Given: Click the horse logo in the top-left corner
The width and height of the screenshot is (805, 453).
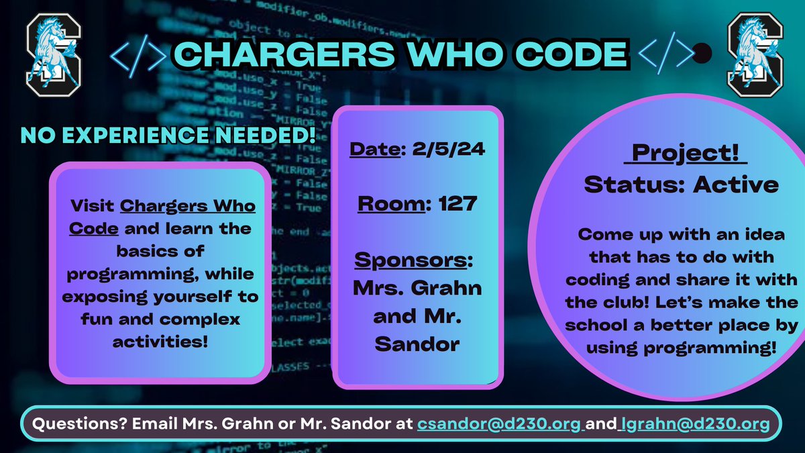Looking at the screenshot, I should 53,55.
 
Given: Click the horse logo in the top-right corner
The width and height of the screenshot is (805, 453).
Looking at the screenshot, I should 753,55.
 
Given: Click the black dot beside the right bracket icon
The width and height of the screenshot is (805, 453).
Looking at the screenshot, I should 702,53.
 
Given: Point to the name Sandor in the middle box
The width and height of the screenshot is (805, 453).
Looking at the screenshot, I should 416,344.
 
